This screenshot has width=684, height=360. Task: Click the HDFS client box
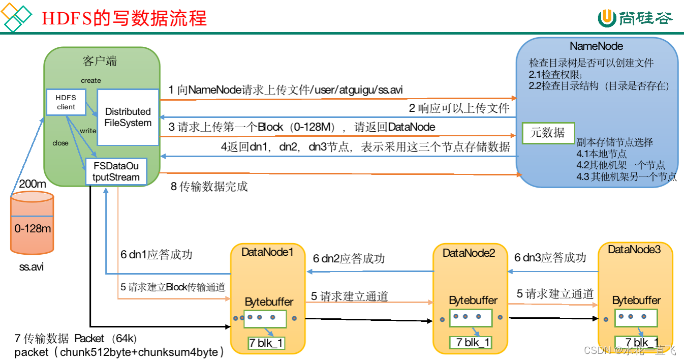point(66,102)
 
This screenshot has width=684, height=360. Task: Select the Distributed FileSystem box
point(128,117)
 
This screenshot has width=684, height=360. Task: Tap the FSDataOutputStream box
point(116,172)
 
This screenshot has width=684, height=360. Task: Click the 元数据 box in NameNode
point(548,133)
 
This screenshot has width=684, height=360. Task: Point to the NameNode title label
point(596,46)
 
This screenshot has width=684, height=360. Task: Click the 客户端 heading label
point(100,62)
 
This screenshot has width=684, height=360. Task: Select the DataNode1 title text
point(267,252)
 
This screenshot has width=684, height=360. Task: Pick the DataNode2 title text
point(469,253)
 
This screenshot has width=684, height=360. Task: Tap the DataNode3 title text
point(634,250)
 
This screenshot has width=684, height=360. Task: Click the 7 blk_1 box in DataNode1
point(266,343)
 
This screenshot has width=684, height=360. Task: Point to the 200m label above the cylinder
point(32,184)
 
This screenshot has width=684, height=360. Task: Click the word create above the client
point(91,80)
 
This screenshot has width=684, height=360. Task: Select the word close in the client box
point(60,143)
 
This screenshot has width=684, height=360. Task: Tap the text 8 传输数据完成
point(209,187)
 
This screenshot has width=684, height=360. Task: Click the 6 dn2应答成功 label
point(349,258)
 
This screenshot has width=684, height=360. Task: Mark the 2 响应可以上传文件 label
point(459,108)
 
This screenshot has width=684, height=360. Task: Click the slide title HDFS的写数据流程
point(123,18)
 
